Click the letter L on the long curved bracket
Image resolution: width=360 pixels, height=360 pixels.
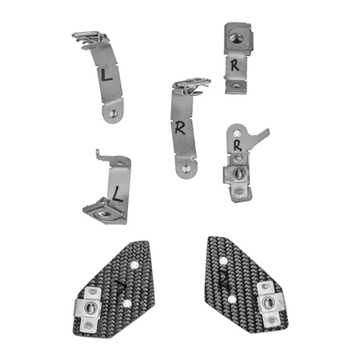tap(106, 75)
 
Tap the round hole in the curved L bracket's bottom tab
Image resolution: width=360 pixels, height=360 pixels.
tap(114, 114)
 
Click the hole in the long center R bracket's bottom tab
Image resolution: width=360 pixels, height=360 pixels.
tap(186, 168)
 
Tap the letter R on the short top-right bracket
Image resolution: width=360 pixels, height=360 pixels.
tap(234, 65)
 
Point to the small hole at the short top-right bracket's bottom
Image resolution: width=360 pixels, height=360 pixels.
tap(236, 86)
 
